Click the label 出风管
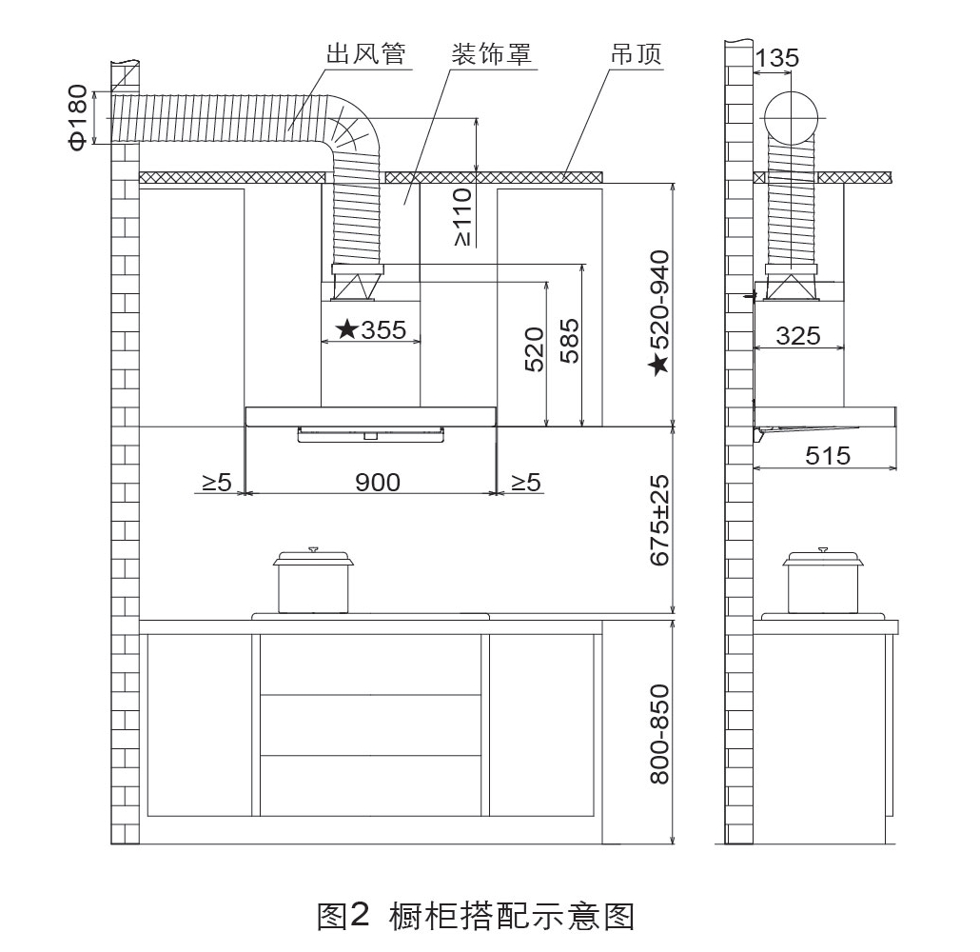[366, 54]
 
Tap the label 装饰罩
[492, 54]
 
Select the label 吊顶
[637, 54]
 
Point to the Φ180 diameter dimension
[78, 118]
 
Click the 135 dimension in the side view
[777, 58]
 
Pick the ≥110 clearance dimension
[461, 217]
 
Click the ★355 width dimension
[371, 329]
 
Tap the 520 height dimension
[535, 349]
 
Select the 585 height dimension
[569, 341]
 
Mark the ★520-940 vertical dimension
[658, 313]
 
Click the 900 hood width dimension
[378, 483]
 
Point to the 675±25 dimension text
[659, 521]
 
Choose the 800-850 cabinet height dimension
[659, 734]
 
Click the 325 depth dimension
[798, 336]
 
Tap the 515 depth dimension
[828, 455]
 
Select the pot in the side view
[823, 582]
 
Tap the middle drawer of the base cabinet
[371, 724]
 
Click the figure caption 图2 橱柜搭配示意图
[477, 917]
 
